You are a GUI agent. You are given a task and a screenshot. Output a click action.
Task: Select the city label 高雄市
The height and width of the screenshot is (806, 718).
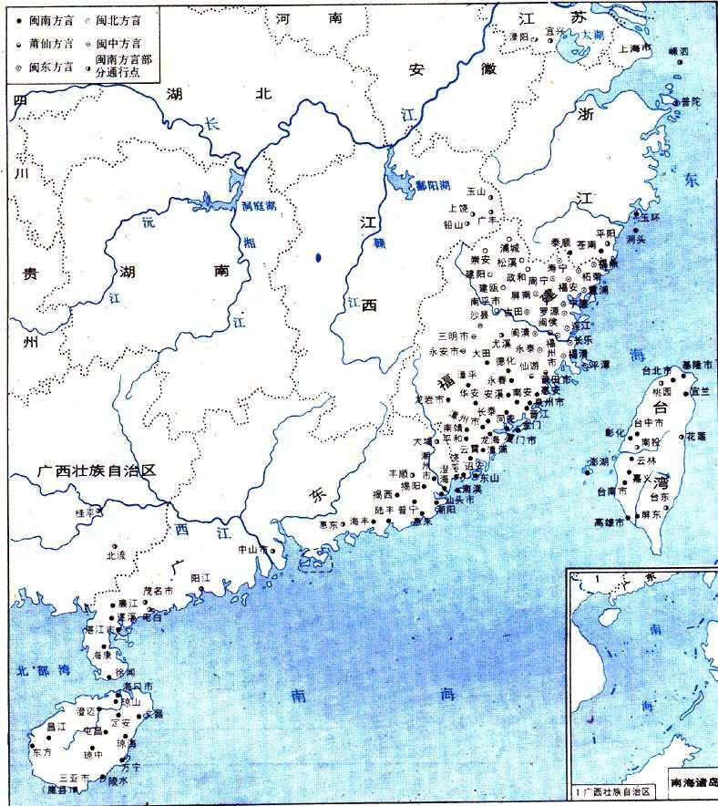pos(610,522)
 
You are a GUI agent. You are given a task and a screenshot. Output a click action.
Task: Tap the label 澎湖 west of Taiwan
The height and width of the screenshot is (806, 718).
pos(599,461)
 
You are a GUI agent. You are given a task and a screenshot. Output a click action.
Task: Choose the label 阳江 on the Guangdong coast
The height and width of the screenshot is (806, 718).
pos(201,577)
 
